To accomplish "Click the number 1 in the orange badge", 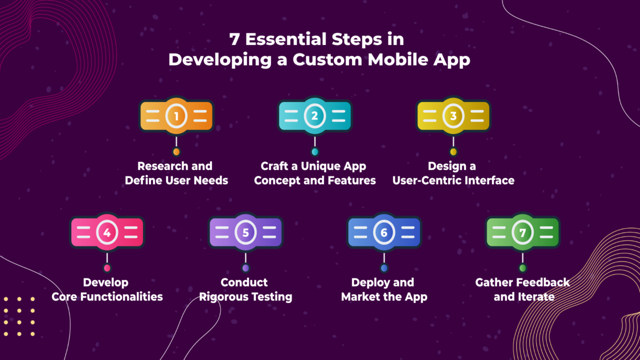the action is [x=176, y=116].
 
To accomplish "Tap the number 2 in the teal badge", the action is [x=314, y=115].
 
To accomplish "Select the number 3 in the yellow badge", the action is [x=453, y=116].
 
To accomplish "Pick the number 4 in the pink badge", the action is [x=107, y=232].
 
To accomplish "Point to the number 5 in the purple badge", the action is [x=245, y=232].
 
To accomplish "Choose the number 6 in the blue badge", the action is [x=384, y=232].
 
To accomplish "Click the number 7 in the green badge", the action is [x=522, y=233].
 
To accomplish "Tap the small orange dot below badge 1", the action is [x=176, y=151].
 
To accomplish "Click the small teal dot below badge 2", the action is [x=315, y=151].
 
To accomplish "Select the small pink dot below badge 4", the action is [x=107, y=268].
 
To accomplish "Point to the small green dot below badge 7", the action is [x=522, y=268].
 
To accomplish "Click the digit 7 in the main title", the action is [x=234, y=39].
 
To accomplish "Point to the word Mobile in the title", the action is [x=397, y=59].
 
